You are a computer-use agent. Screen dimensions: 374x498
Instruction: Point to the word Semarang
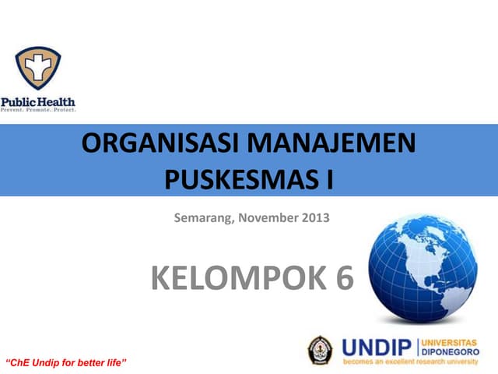pos(205,217)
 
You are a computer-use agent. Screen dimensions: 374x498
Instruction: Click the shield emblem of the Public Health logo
pos(37,68)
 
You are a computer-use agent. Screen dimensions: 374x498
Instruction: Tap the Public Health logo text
pos(38,101)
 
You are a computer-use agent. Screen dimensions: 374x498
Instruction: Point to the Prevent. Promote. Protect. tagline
pos(38,110)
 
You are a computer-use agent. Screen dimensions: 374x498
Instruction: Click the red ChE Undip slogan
pos(66,363)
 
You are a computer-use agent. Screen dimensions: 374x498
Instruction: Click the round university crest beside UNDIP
pos(320,350)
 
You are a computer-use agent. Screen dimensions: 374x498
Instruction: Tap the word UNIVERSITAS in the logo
pos(452,343)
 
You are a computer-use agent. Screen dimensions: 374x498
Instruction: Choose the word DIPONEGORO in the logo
pos(451,351)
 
